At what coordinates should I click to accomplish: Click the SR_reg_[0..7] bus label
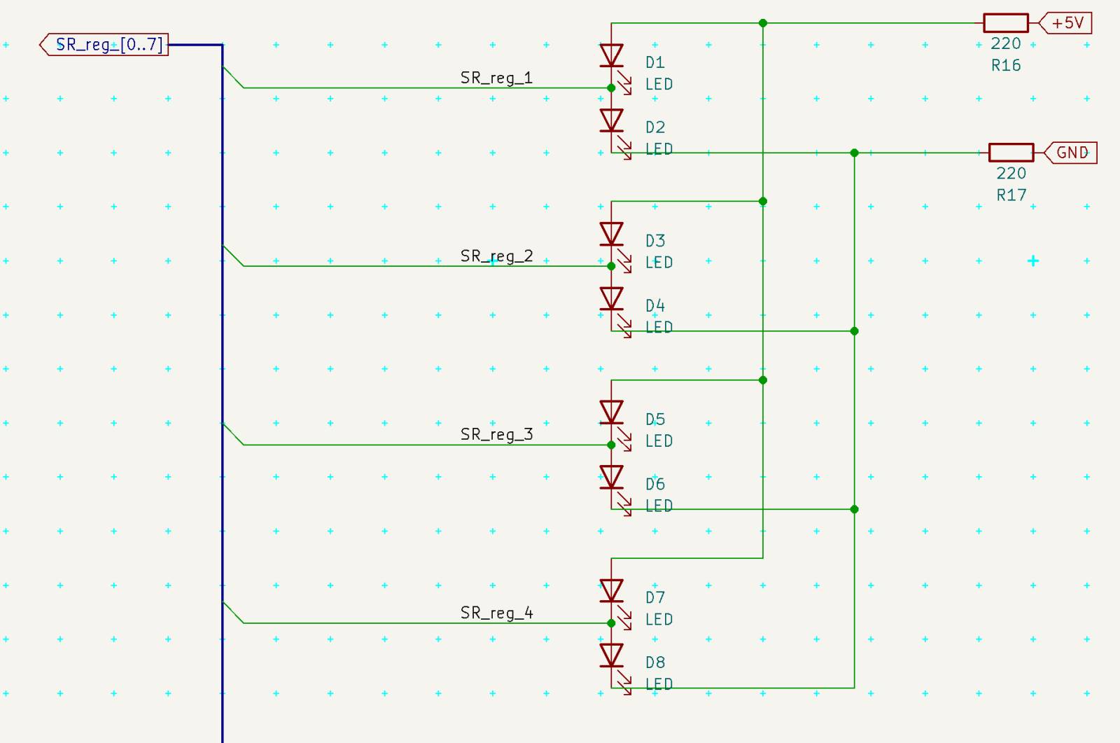click(x=104, y=45)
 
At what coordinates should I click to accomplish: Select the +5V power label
click(x=1065, y=23)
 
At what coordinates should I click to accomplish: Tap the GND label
click(x=1071, y=153)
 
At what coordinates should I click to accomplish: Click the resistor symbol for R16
click(x=1006, y=23)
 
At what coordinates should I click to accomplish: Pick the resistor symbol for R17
click(x=1011, y=153)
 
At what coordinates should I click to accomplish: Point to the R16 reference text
click(x=1006, y=66)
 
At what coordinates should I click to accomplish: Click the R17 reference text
click(x=1011, y=195)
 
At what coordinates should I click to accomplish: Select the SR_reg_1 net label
click(x=496, y=78)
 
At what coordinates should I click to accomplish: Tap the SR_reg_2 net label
click(x=496, y=256)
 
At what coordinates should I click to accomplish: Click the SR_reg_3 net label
click(x=496, y=434)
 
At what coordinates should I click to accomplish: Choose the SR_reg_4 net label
click(x=496, y=613)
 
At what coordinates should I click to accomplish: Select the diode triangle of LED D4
click(x=611, y=298)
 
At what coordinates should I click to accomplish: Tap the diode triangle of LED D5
click(x=611, y=412)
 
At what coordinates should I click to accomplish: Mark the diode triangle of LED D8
click(x=611, y=655)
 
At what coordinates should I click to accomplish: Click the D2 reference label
click(x=655, y=127)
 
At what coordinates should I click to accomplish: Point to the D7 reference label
click(x=655, y=597)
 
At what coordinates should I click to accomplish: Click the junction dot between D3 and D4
click(x=611, y=266)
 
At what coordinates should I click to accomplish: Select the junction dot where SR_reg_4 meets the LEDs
click(x=611, y=623)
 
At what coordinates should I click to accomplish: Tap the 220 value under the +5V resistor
click(x=1005, y=44)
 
